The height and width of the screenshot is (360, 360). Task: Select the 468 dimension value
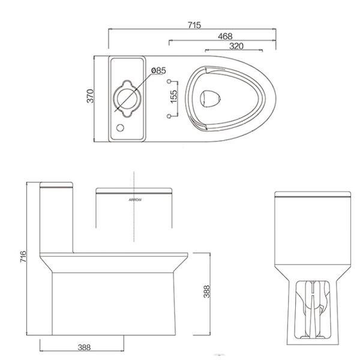pos(224,37)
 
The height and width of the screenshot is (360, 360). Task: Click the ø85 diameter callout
pos(158,70)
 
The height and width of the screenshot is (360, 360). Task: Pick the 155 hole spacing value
pos(173,97)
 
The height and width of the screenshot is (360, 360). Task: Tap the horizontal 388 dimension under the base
pos(84,347)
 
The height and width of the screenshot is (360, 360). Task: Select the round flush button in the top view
pos(126,97)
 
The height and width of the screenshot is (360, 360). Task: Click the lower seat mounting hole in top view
pos(169,114)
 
